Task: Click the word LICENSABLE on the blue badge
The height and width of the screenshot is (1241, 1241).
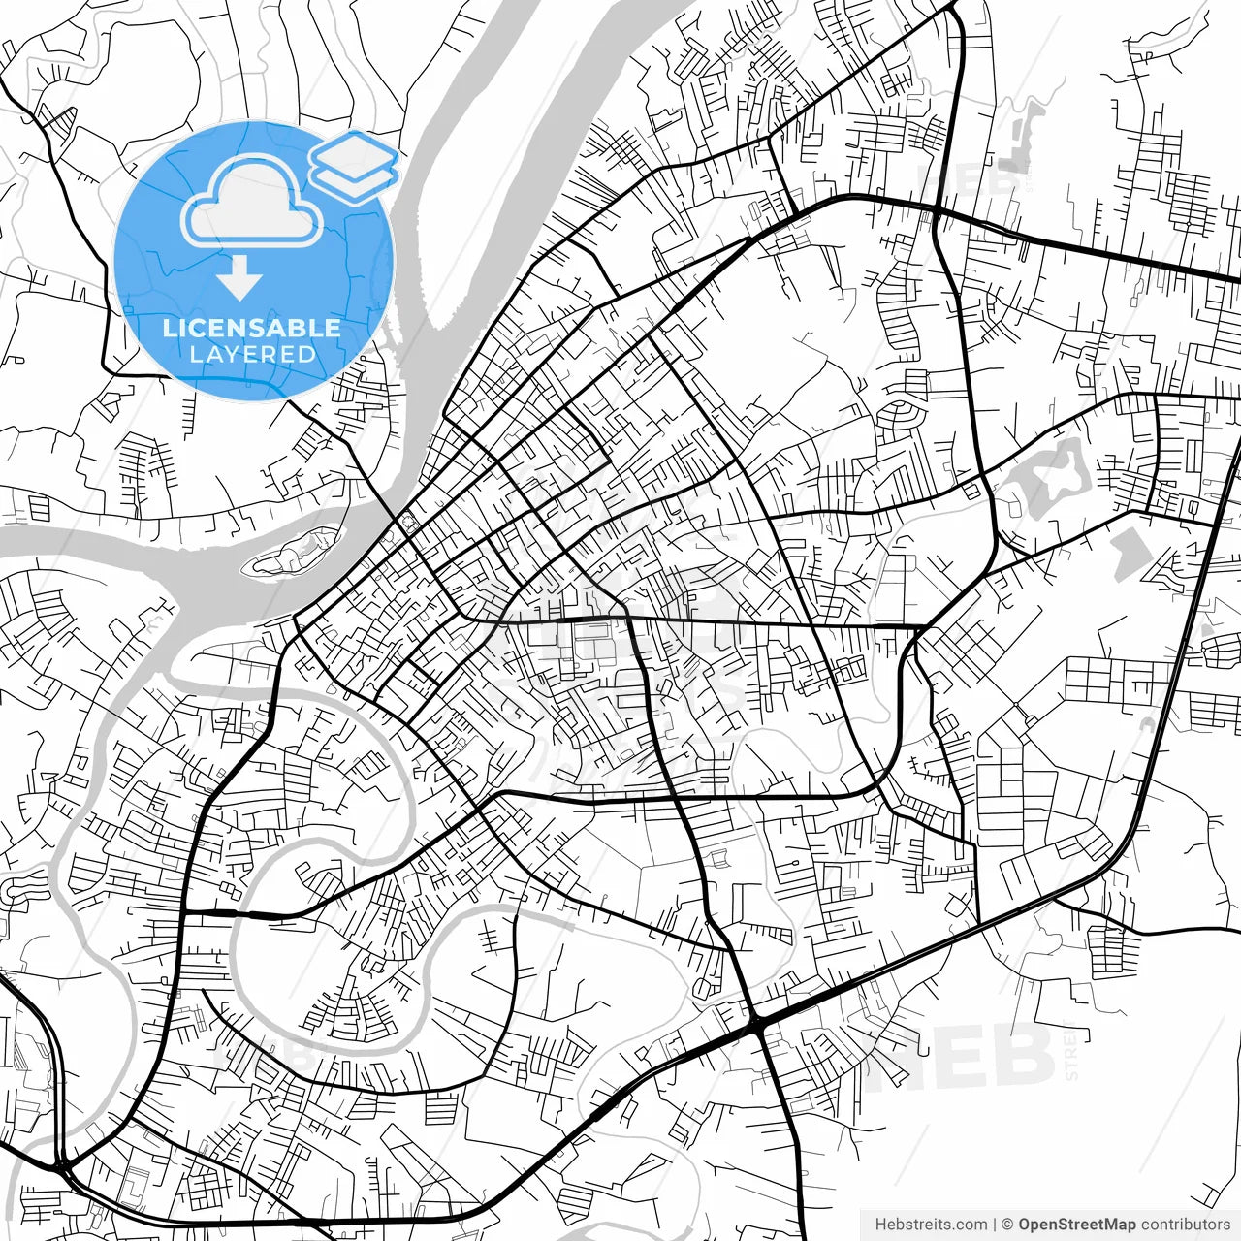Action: point(252,328)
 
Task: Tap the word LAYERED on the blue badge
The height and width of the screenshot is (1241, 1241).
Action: point(252,355)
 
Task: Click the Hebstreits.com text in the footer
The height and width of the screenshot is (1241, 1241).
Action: point(931,1225)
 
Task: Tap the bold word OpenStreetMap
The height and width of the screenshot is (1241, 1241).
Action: point(1076,1225)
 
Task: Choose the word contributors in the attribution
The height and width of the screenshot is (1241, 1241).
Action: point(1186,1225)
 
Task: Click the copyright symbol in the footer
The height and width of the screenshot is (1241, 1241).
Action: point(1007,1225)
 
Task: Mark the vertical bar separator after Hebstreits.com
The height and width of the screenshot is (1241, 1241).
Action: point(996,1225)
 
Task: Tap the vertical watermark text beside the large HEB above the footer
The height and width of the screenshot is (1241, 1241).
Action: point(1071,1052)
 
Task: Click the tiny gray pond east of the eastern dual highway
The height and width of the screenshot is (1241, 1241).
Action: point(1208,630)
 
